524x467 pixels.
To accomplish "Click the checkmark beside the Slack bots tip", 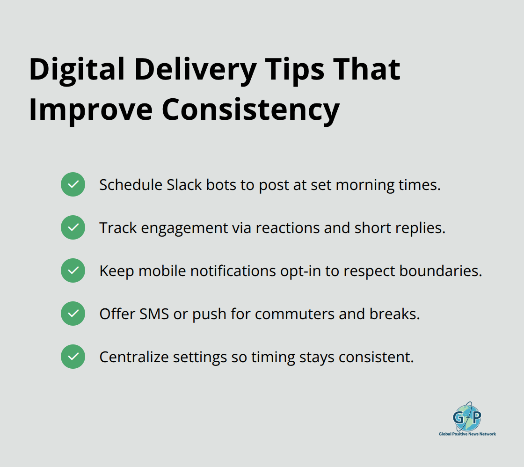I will [73, 184].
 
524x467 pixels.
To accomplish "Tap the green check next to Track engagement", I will [73, 227].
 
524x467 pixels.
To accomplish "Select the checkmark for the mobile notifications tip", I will [73, 270].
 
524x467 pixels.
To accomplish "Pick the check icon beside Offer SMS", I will [73, 314].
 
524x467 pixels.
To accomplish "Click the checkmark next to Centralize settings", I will [73, 357].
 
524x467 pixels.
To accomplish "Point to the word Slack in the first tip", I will [183, 185].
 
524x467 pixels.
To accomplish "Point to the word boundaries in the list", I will [440, 271].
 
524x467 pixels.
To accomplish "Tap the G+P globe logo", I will [467, 416].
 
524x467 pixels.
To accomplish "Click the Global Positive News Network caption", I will [467, 434].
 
